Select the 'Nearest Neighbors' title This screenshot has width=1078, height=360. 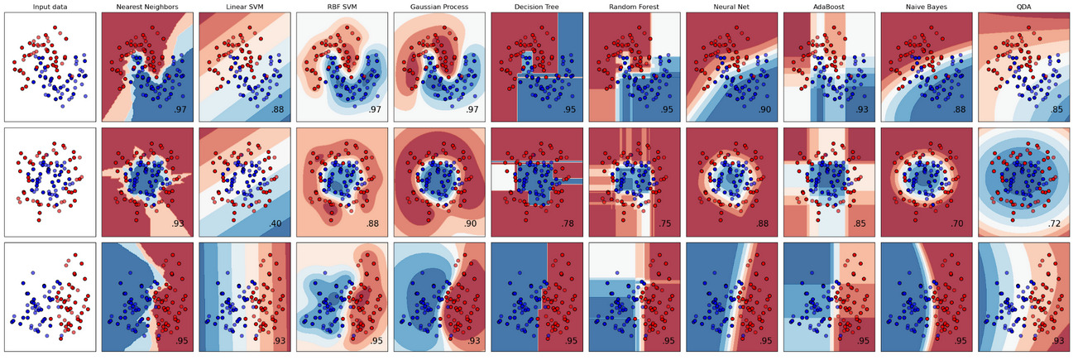(146, 7)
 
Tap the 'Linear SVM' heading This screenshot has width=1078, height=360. (244, 7)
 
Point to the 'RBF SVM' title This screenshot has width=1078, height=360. (342, 7)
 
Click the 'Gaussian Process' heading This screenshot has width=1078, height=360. (439, 7)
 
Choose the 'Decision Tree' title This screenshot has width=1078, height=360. (536, 7)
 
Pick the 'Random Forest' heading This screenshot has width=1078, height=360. (634, 7)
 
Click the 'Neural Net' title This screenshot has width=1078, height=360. (731, 7)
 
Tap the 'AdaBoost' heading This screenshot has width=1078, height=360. (829, 7)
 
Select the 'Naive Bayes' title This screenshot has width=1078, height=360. (927, 7)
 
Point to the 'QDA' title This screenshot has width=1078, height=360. (1024, 7)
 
